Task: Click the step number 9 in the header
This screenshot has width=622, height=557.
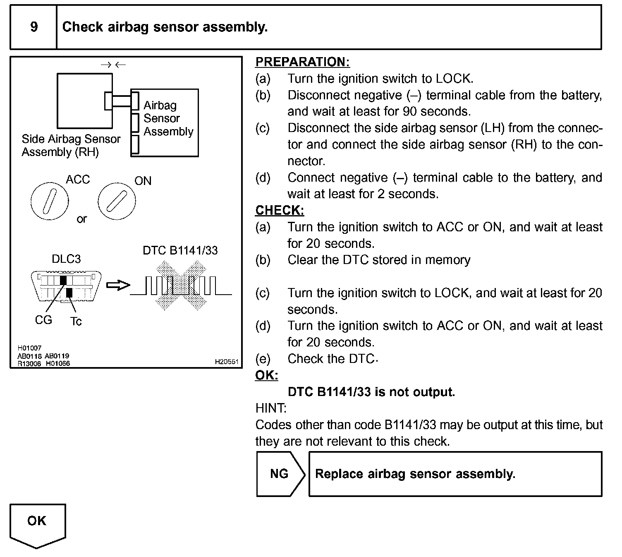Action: coord(34,27)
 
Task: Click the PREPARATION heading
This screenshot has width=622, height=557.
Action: coord(302,62)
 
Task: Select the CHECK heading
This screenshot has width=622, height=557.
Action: coord(280,211)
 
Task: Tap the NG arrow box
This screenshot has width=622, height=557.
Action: coord(280,474)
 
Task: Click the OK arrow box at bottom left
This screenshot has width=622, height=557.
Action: coord(37,523)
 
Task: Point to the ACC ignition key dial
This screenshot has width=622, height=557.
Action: coord(49,201)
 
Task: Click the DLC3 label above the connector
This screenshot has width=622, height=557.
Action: coord(66,259)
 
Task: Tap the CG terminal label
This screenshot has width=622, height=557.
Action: coord(43,320)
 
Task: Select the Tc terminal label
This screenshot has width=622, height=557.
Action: coord(76,322)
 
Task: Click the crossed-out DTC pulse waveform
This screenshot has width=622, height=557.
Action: coord(180,286)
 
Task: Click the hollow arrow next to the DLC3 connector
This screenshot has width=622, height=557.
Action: coord(118,286)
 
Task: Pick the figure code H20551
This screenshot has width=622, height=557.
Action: coord(227,362)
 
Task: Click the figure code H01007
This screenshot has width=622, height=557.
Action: coord(29,348)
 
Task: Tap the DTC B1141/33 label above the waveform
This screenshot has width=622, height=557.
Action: coord(180,250)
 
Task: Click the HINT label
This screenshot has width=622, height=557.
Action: coord(271,408)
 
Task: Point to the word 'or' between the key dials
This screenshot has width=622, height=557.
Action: coord(82,219)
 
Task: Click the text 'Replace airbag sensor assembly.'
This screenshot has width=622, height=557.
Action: coord(415,474)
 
